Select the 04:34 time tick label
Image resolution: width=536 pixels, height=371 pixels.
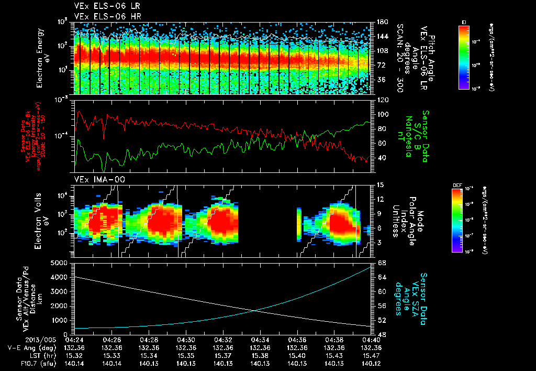260,340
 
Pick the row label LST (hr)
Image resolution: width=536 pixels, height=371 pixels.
27,355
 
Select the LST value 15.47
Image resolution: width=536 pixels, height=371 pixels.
371,355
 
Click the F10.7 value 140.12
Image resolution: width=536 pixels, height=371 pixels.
371,363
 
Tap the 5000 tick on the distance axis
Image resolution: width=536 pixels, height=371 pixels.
60,263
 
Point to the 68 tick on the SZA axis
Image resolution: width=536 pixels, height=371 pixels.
382,263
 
